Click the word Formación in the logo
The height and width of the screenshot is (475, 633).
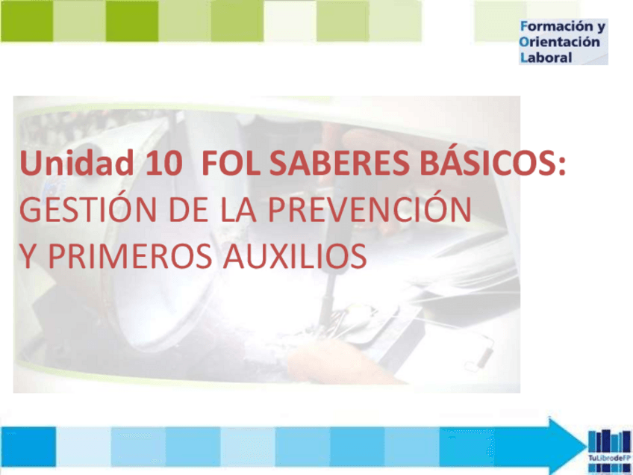pos(555,28)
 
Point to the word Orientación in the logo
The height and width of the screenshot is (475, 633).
pos(560,42)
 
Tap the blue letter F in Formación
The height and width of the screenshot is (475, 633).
pos(524,28)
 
